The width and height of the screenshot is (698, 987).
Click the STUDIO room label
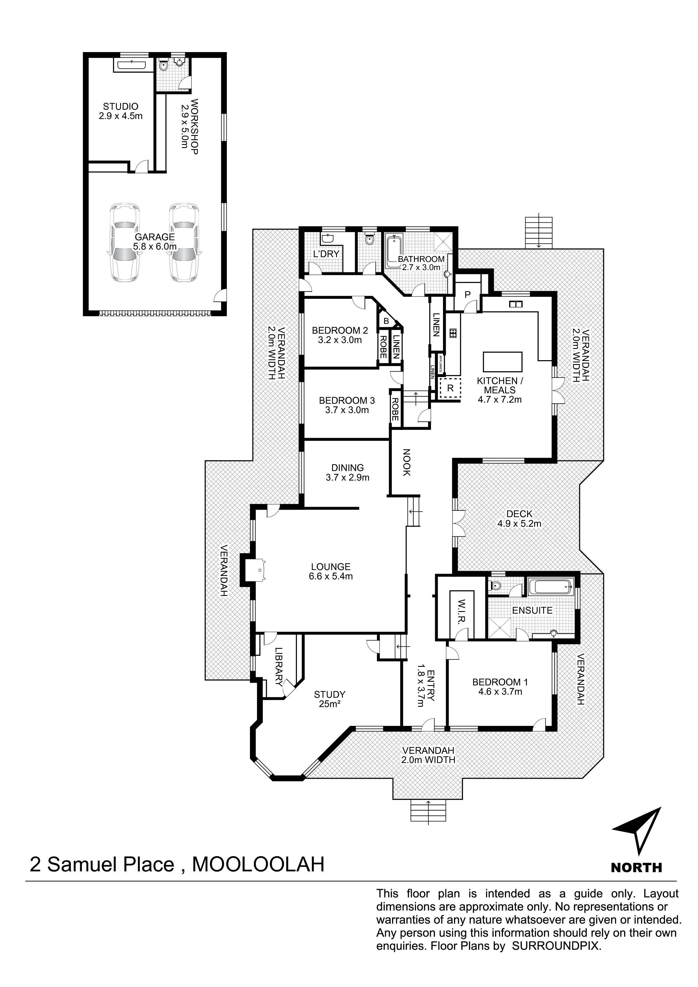pos(120,106)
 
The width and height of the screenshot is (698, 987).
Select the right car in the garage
pos(184,243)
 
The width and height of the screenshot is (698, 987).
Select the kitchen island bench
pos(503,362)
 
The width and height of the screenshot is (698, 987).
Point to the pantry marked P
pos(467,295)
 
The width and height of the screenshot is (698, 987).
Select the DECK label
pos(520,514)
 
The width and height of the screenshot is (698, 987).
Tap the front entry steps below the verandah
pos(429,812)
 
